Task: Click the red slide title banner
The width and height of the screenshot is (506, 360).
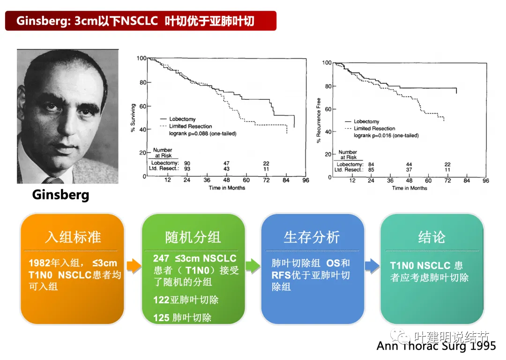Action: pos(141,21)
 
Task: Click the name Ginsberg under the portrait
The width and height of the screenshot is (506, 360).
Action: pos(60,195)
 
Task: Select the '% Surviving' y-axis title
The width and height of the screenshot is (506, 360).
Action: pos(133,118)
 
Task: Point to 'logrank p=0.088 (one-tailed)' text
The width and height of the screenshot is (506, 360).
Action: pos(203,133)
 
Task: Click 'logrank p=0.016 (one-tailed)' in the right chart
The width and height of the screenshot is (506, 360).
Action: pos(386,135)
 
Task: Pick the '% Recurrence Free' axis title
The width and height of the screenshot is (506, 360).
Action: pos(319,120)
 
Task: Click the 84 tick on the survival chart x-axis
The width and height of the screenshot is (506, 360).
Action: pos(286,180)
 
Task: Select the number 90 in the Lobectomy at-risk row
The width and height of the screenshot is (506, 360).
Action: pos(187,163)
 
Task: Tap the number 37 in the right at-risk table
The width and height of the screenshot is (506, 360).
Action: pos(409,169)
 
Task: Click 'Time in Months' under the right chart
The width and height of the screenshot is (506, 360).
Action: pos(409,188)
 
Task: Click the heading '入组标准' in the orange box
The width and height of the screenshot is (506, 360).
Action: pos(73,237)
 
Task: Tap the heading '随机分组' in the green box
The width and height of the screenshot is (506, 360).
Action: pos(193,237)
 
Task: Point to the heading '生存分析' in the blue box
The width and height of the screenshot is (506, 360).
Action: pos(312,237)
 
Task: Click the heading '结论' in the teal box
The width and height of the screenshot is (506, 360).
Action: pos(432,237)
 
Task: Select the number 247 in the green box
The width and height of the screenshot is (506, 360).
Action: pos(161,258)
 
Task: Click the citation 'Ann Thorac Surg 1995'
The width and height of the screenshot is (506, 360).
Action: pos(436,346)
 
